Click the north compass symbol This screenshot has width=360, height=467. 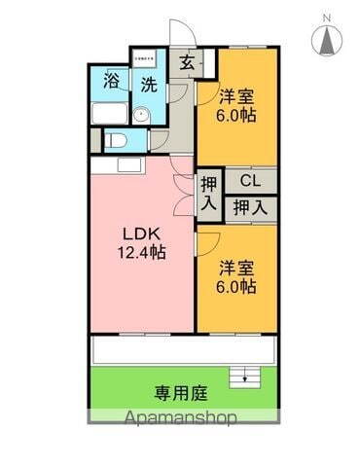click(x=328, y=39)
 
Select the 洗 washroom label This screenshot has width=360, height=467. click(x=149, y=85)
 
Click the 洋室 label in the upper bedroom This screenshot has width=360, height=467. click(x=236, y=97)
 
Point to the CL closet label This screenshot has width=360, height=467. click(x=251, y=181)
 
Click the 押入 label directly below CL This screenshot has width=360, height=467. click(x=251, y=206)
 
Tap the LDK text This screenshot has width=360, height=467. click(x=141, y=233)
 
